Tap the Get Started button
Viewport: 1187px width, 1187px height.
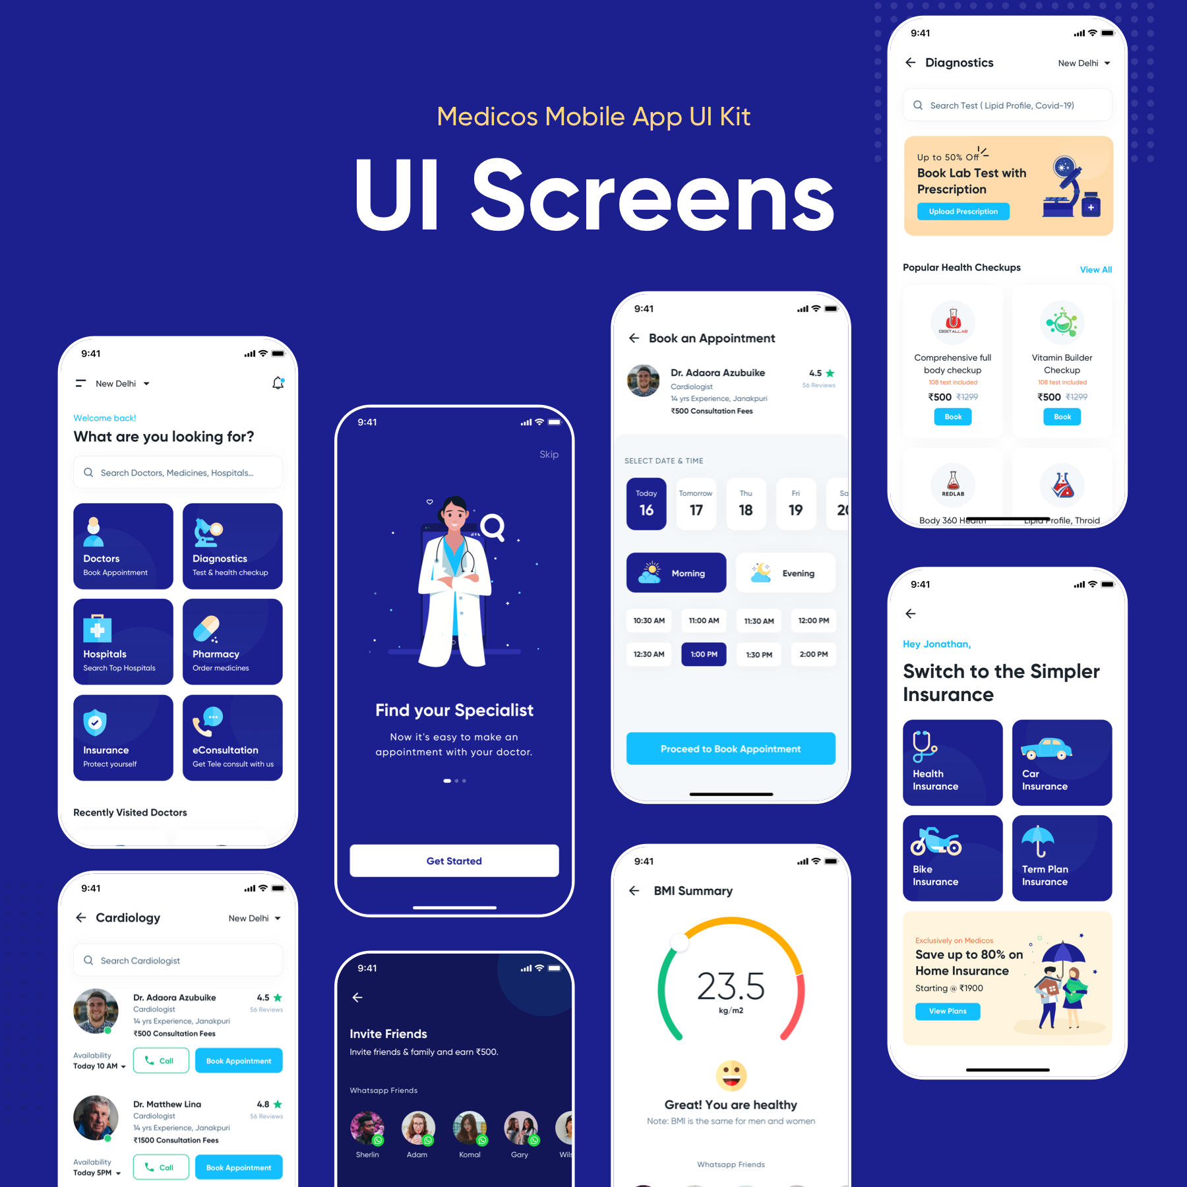(454, 861)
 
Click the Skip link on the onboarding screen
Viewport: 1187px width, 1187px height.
(549, 454)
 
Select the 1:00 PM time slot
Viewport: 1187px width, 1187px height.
(704, 654)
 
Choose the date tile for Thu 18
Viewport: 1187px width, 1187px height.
(746, 504)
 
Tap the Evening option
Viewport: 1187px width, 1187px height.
(785, 573)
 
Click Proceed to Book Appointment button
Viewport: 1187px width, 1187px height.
(731, 748)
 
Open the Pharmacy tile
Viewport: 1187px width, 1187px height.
(232, 642)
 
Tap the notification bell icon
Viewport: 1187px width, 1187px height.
(278, 383)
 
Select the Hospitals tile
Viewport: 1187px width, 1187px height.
(123, 642)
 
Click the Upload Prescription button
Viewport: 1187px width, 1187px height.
(963, 212)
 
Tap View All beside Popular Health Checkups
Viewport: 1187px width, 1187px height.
(1095, 270)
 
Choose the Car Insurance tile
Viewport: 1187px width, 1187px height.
(1062, 762)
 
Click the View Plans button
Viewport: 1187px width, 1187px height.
(948, 1011)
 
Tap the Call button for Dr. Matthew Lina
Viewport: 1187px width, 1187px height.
(161, 1167)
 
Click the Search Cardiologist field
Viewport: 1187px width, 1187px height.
(178, 961)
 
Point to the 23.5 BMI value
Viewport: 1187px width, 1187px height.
(731, 987)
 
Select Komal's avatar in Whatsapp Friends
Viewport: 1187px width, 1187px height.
(470, 1128)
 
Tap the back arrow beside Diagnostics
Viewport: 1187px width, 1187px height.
(911, 63)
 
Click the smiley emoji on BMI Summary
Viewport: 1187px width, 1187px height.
(731, 1076)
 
